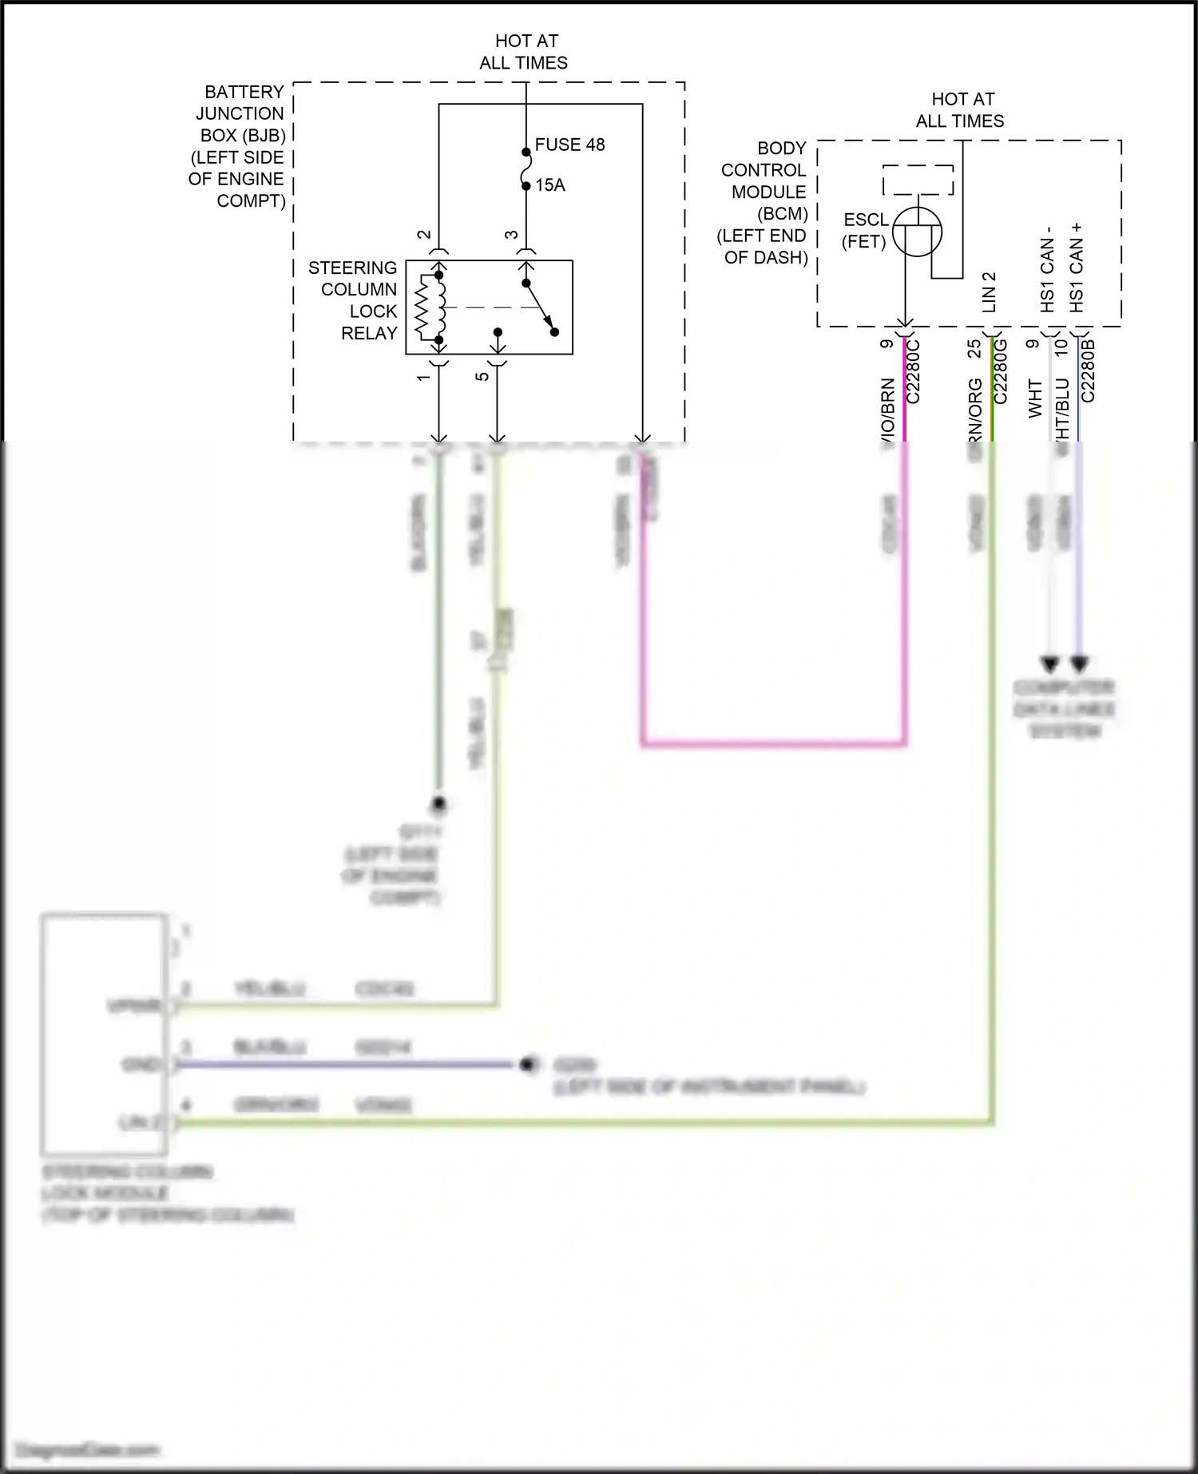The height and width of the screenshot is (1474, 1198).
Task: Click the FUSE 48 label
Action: (569, 145)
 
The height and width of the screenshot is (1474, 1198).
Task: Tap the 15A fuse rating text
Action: (549, 185)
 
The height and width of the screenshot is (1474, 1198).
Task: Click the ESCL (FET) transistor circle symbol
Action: (917, 232)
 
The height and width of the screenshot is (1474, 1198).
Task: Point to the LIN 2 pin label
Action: (989, 291)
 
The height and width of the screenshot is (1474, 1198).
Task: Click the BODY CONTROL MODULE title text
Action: (764, 203)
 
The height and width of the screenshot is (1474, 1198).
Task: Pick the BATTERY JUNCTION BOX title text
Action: (238, 146)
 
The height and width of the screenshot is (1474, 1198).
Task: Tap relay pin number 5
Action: (482, 376)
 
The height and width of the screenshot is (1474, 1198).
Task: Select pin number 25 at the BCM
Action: (974, 349)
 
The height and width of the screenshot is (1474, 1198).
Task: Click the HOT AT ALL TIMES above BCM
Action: (961, 110)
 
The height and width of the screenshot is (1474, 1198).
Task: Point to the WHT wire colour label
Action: (1035, 398)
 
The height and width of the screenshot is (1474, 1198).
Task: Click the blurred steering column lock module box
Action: (104, 1034)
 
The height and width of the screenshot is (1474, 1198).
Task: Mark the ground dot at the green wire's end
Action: (438, 803)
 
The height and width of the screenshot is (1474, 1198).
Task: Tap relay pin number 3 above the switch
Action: (511, 235)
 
